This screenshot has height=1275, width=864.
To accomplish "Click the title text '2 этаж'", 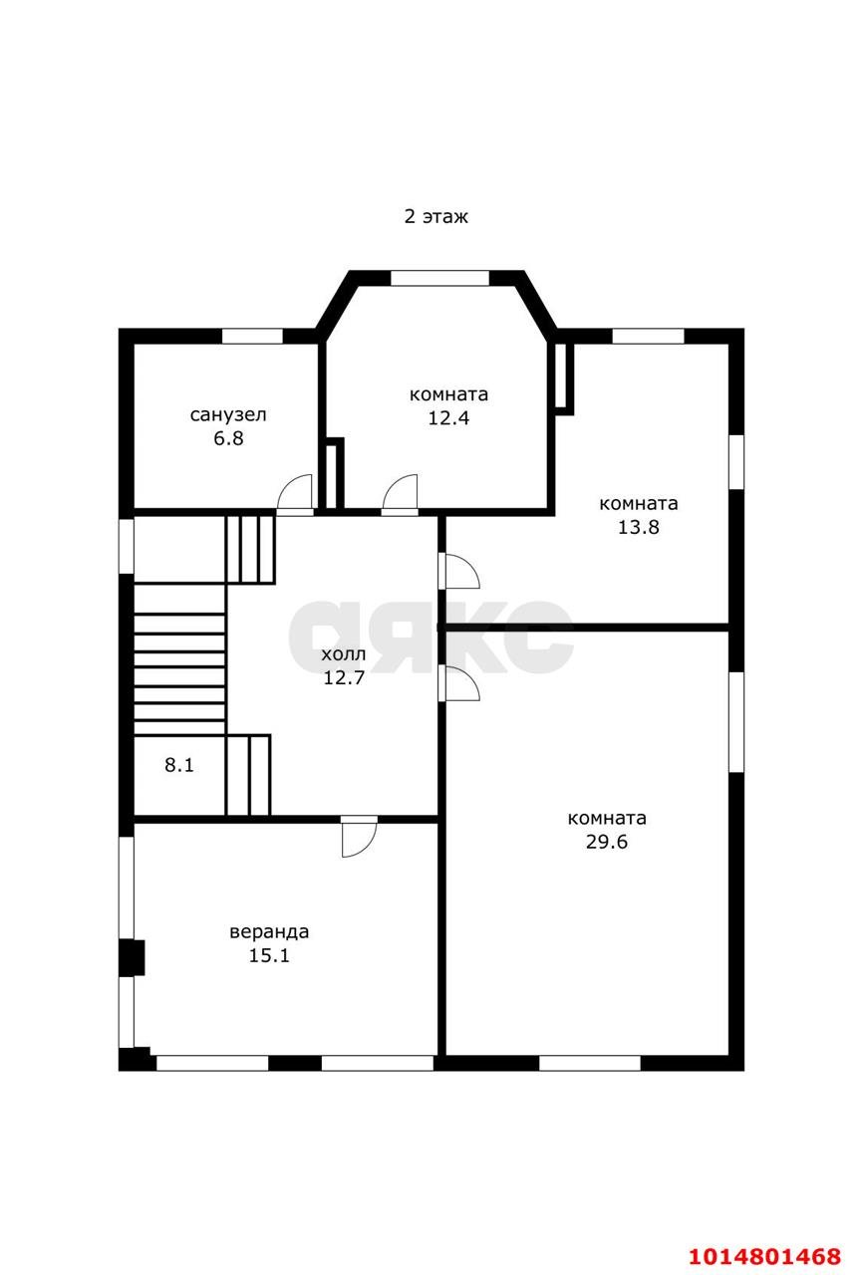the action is click(x=435, y=216).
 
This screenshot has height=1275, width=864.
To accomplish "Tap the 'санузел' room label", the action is click(x=228, y=415).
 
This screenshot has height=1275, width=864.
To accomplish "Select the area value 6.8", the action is click(x=228, y=438).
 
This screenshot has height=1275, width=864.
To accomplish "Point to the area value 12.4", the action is click(x=448, y=417).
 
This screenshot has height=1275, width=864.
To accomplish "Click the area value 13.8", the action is click(x=639, y=527).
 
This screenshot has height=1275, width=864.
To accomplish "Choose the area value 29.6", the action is click(x=607, y=842).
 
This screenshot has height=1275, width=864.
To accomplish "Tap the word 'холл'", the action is click(x=344, y=654).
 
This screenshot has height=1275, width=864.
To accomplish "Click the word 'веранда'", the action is click(x=269, y=931).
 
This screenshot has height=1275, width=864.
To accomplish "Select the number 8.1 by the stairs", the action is click(x=178, y=765).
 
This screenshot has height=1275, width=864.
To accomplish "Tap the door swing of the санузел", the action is click(x=295, y=494).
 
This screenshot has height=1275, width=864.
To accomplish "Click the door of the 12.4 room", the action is click(x=400, y=494).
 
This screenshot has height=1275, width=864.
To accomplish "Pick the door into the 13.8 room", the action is click(x=459, y=571).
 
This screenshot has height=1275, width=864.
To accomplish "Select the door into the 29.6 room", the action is click(x=459, y=683).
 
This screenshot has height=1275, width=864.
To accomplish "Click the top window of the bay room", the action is click(x=439, y=278).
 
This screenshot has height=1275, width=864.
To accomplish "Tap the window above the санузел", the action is click(x=252, y=336).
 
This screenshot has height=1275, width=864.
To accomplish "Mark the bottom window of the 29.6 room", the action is click(x=590, y=1063).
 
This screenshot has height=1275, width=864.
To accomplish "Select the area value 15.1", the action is click(x=269, y=955).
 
